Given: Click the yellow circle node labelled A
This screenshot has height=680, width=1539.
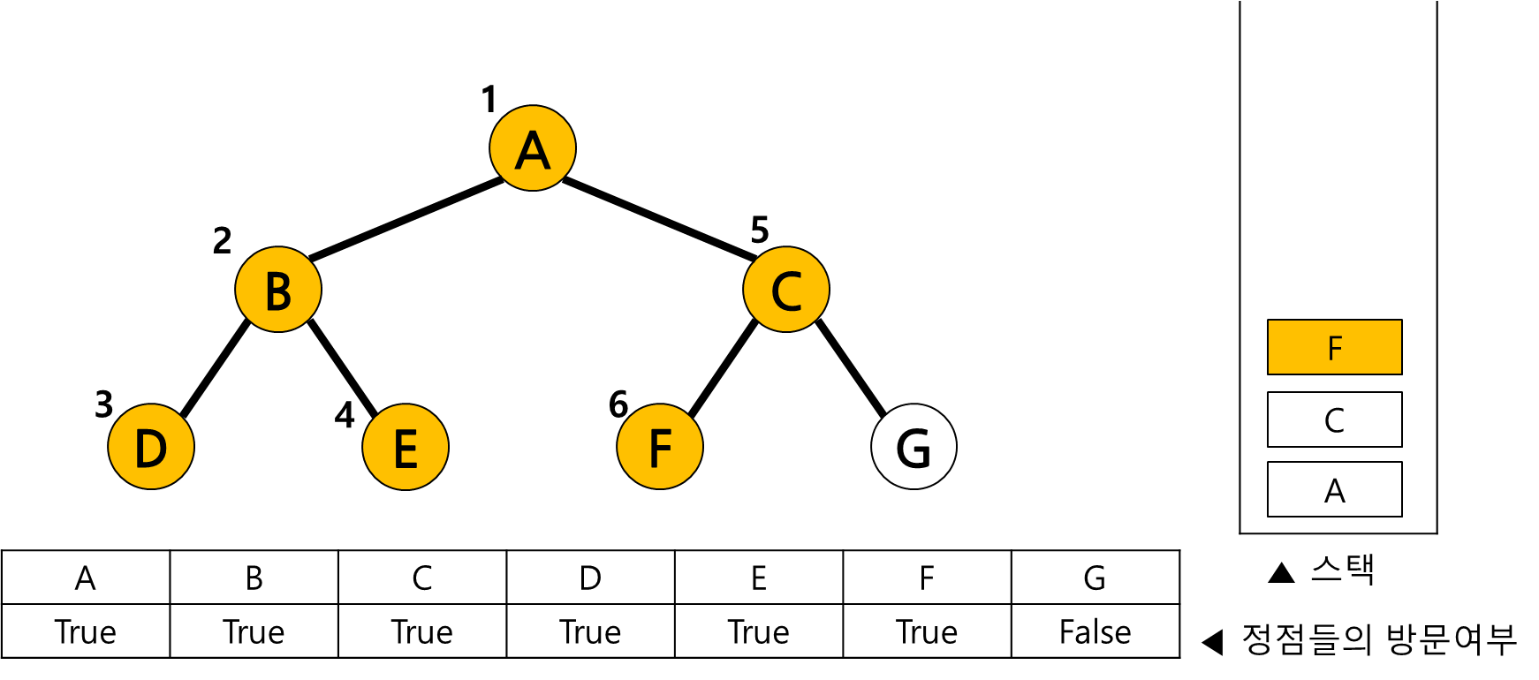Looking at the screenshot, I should click(x=533, y=148).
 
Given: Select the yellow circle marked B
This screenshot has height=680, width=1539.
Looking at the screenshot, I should click(x=278, y=290).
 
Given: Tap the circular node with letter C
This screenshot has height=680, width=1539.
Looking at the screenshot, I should click(x=786, y=290).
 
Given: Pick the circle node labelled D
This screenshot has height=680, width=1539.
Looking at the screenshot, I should click(x=151, y=447).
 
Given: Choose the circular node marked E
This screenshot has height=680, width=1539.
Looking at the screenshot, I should click(x=406, y=447).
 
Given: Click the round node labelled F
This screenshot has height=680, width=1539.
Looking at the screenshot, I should click(x=660, y=447).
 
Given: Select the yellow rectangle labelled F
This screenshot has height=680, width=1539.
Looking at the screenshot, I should click(x=1334, y=347).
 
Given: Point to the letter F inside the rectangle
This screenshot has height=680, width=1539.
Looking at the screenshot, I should click(x=1335, y=349).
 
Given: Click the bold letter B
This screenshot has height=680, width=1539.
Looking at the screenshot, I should click(x=278, y=291).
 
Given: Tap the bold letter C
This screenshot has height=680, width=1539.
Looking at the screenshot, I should click(x=786, y=291).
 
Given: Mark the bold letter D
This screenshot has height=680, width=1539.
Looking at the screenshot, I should click(x=151, y=449).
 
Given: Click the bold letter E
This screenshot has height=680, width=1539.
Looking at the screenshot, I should click(x=406, y=449).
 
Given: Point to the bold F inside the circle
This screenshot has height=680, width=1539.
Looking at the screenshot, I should click(x=660, y=449).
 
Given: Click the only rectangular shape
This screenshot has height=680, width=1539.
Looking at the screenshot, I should click(x=1334, y=347).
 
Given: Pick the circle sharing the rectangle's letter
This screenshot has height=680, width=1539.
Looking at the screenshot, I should click(x=660, y=447).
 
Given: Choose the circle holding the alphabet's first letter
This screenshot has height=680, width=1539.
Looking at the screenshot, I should click(x=533, y=148).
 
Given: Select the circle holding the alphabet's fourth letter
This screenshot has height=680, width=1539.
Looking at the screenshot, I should click(x=151, y=447).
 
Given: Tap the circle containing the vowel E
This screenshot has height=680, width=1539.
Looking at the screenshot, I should click(x=406, y=447).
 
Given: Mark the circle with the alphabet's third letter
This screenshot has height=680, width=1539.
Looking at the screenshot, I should click(x=786, y=290).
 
